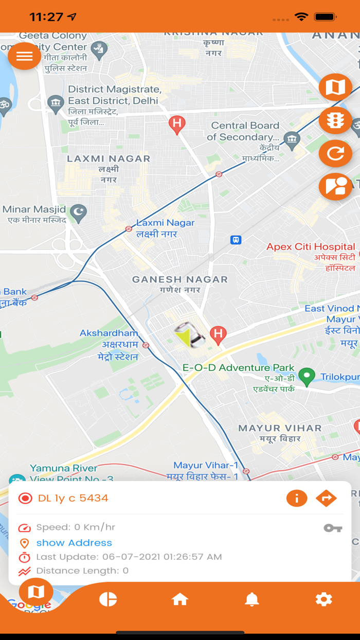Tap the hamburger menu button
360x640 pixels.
click(x=24, y=56)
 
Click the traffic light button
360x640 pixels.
click(x=335, y=121)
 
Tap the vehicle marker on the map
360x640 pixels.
click(x=189, y=335)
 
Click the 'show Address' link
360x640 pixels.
click(x=74, y=543)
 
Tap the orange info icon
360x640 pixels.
click(x=297, y=498)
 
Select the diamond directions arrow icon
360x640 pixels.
click(x=326, y=498)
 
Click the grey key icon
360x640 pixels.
click(x=333, y=528)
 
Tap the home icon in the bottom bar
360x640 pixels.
click(x=180, y=599)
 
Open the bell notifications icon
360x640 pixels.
click(x=251, y=599)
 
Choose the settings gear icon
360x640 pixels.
click(x=323, y=599)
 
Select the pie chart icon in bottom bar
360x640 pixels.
click(x=108, y=599)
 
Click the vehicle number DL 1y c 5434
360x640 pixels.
click(x=73, y=498)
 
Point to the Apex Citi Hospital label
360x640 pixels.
click(x=311, y=247)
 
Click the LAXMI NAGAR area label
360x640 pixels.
click(x=109, y=159)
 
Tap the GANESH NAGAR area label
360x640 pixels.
click(x=180, y=280)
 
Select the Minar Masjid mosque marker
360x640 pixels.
click(x=78, y=213)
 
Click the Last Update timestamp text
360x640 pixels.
click(x=129, y=557)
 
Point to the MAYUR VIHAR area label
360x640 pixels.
click(x=280, y=428)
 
